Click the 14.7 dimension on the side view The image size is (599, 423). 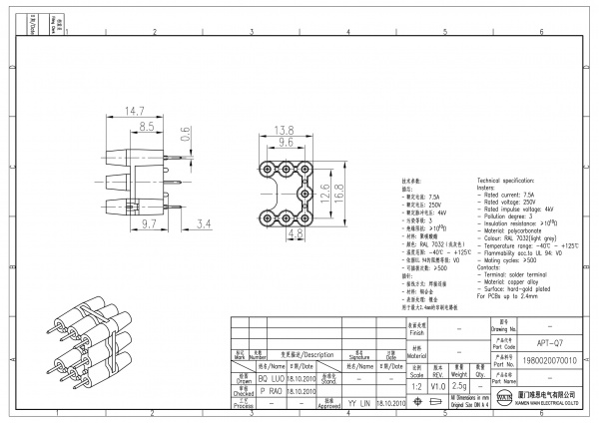tap(134, 110)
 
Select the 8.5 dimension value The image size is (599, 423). tap(146, 127)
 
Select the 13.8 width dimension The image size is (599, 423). tap(284, 130)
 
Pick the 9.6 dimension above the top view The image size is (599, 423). tap(284, 143)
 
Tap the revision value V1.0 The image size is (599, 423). tap(437, 383)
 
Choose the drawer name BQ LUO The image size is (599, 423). tap(270, 380)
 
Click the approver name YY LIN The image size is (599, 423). tap(357, 402)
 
